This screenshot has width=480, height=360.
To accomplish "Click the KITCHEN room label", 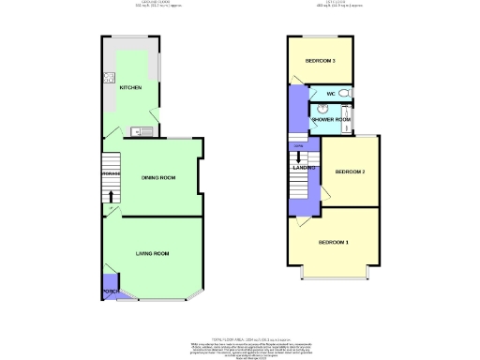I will (x=130, y=87).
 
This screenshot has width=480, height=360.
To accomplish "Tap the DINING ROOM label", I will (x=157, y=177).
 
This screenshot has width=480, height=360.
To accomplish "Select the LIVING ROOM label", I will (x=153, y=253).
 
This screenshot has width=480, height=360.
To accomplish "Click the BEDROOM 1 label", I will (x=333, y=243).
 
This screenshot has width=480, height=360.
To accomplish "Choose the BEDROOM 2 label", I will (x=350, y=172).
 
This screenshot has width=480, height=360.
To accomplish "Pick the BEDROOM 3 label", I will (x=321, y=61).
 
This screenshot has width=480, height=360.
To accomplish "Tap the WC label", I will (x=331, y=95).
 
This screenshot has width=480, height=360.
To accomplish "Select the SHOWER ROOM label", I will (x=331, y=119).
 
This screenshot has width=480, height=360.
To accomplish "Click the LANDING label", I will (x=304, y=167).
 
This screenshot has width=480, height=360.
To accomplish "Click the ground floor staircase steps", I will (x=112, y=178).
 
